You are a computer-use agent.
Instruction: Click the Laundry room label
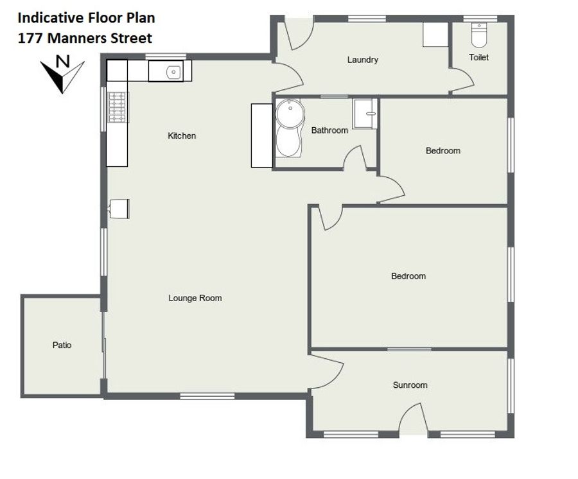(x=363, y=60)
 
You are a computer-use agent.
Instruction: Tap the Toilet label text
(x=479, y=58)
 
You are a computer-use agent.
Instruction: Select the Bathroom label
(x=329, y=130)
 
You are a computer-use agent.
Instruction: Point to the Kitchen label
(x=182, y=135)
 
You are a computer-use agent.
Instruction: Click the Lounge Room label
(x=195, y=298)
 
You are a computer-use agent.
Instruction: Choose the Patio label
(x=62, y=345)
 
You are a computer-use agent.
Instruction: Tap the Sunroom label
(x=410, y=385)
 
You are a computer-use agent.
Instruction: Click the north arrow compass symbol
(x=62, y=74)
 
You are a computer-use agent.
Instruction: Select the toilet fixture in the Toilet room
(x=479, y=35)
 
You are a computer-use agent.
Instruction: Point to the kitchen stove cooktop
(x=118, y=107)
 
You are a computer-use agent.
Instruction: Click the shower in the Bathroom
(x=365, y=114)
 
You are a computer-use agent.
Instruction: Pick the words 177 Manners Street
(x=85, y=39)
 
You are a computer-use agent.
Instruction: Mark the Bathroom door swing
(x=355, y=158)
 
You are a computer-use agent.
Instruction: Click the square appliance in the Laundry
(x=435, y=35)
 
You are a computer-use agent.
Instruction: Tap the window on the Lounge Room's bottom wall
(x=207, y=396)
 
